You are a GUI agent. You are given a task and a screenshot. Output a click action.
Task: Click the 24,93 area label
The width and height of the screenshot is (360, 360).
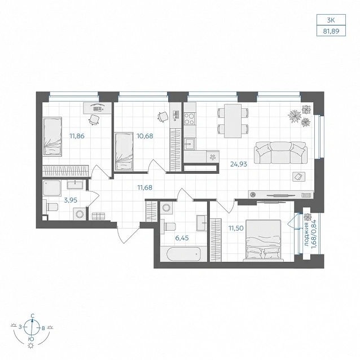tap(239, 164)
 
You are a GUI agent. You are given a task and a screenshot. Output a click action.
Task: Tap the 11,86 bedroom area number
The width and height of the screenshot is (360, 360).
tap(77, 136)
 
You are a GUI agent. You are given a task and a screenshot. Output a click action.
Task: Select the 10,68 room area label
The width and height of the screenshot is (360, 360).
tap(145, 136)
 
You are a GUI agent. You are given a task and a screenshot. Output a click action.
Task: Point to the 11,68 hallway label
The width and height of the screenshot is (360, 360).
tap(144, 187)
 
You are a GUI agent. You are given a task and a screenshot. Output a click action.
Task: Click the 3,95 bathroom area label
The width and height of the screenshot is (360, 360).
tap(71, 200)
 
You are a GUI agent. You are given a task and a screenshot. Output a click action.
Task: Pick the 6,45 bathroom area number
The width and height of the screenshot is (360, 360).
tap(182, 238)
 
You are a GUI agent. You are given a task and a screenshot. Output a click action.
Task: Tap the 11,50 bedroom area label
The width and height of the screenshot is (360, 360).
tap(236, 228)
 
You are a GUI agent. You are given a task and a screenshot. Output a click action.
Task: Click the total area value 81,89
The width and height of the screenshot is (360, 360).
tap(331, 31)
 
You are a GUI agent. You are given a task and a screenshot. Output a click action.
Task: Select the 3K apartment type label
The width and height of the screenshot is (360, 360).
tap(331, 20)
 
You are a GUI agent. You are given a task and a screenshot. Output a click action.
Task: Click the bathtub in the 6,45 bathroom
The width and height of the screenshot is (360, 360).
tap(183, 254)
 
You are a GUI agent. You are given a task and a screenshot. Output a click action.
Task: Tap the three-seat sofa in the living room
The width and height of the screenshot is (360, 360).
tap(280, 152)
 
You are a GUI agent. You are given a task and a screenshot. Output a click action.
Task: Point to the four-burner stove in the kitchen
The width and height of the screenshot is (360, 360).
tap(190, 118)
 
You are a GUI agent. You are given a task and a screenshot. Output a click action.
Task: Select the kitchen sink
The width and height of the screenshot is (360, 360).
tap(190, 144)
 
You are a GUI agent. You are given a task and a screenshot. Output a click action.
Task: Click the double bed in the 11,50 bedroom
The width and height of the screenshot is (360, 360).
tap(264, 240)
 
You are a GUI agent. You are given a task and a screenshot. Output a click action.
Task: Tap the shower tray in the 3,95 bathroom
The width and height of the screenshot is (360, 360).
tap(52, 188)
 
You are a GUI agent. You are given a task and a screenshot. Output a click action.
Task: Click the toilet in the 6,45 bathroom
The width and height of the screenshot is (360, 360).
tap(168, 226)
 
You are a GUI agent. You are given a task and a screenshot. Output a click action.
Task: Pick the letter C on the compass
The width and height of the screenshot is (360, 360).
tap(33, 315)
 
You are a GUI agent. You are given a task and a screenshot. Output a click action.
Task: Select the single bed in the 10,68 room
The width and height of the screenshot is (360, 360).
tap(124, 151)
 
